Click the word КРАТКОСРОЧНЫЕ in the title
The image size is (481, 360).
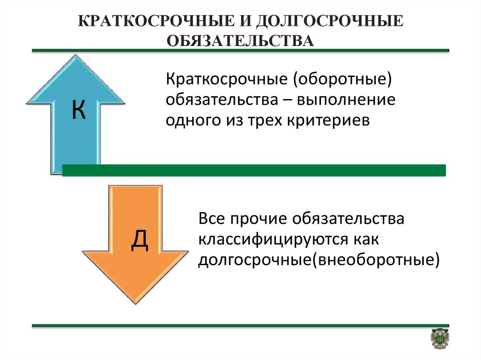pyautogui.click(x=156, y=22)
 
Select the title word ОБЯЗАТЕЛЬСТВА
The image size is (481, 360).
pyautogui.click(x=240, y=40)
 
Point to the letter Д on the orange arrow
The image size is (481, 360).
pyautogui.click(x=140, y=241)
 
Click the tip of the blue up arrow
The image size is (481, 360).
pyautogui.click(x=76, y=55)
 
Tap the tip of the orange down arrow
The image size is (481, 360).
pyautogui.click(x=135, y=303)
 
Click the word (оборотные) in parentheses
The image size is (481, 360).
pyautogui.click(x=342, y=80)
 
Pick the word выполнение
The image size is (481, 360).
pyautogui.click(x=346, y=100)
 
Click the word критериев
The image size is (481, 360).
pyautogui.click(x=328, y=121)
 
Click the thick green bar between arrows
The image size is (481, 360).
pyautogui.click(x=254, y=170)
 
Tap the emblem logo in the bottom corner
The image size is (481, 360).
pyautogui.click(x=440, y=338)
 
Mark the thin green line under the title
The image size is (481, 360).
pyautogui.click(x=240, y=50)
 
